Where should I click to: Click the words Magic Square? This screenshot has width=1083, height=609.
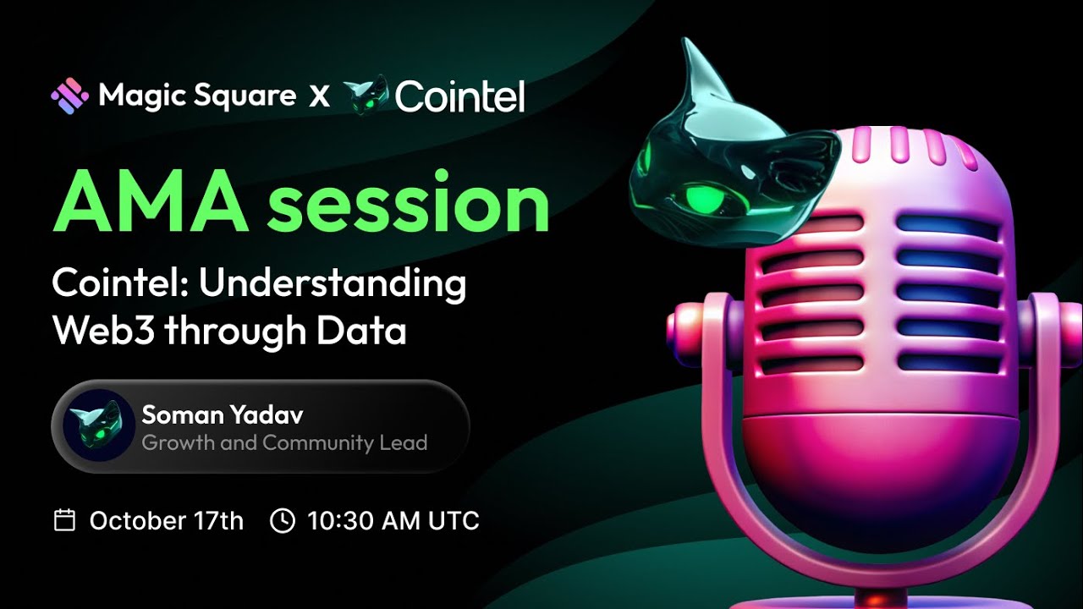click(x=197, y=96)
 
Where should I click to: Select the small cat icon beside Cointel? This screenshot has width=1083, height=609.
click(x=366, y=95)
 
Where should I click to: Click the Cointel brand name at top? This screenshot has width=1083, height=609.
click(x=459, y=96)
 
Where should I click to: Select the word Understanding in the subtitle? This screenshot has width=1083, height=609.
click(x=333, y=283)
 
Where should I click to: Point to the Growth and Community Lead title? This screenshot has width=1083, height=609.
click(x=284, y=442)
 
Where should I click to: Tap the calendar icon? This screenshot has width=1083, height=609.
click(x=65, y=520)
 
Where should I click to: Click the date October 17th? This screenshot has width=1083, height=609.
click(x=167, y=520)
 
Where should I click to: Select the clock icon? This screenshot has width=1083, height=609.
click(x=282, y=520)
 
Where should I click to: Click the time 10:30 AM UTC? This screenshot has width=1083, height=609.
click(x=393, y=520)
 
